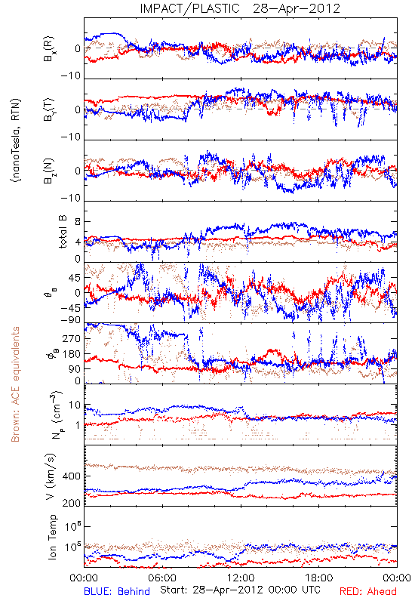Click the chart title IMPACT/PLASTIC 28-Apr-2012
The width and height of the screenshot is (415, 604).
pos(240,8)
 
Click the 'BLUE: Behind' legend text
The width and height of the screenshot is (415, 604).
pos(117,591)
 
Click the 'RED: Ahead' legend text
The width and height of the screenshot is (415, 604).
pos(367,591)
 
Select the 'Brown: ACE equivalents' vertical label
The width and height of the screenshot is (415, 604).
pos(15,384)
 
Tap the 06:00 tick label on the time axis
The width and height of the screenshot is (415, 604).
pos(162,578)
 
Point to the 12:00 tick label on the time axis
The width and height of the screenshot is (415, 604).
pos(241,578)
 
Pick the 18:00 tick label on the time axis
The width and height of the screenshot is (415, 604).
pos(319,578)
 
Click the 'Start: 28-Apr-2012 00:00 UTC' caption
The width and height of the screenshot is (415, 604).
pos(240,590)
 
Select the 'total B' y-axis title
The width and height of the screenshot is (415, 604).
pos(63,232)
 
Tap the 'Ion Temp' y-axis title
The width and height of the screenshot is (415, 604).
pos(52,537)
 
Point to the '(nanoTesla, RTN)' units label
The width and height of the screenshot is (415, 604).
pos(17,140)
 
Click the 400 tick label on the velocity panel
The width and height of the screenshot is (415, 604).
pos(72,476)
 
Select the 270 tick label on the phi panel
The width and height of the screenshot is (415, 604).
pos(72,338)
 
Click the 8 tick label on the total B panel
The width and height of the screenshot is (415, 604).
pos(78,222)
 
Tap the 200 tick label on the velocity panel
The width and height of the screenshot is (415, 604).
pos(72,503)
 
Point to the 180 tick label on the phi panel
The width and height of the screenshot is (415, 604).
pos(72,354)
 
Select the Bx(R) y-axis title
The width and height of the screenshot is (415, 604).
pos(49,49)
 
